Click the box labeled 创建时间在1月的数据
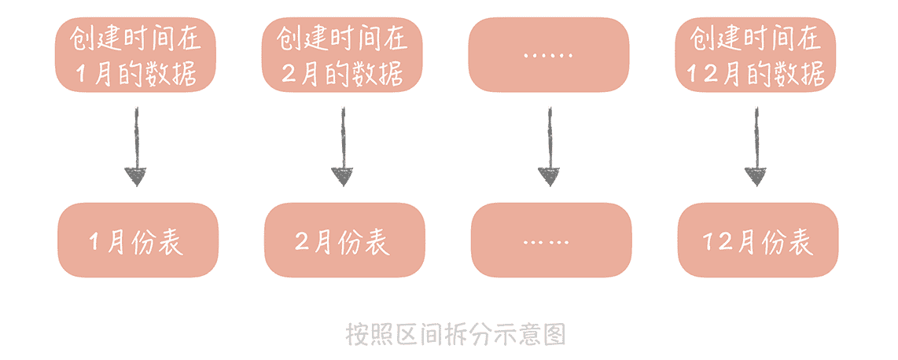tap(134, 54)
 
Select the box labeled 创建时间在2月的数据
tap(342, 54)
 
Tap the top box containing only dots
tap(549, 54)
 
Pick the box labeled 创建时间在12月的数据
tap(756, 54)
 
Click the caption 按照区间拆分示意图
tap(456, 334)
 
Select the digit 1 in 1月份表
tap(95, 241)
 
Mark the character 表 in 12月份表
tap(797, 241)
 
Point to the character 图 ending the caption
tap(554, 334)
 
